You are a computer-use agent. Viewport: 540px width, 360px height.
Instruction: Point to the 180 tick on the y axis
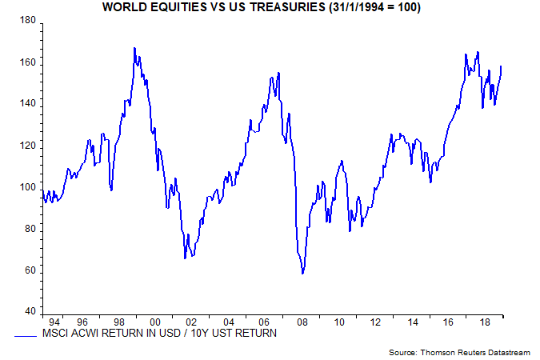[27, 21]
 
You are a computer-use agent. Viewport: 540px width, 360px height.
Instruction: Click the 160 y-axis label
[27, 62]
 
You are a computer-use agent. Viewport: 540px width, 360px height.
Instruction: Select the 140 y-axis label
[27, 104]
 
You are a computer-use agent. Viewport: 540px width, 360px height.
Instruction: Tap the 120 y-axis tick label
[27, 146]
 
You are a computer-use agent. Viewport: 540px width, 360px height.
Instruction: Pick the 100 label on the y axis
[27, 187]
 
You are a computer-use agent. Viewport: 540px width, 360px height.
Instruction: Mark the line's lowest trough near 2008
[302, 274]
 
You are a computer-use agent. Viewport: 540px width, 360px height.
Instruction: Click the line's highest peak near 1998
[134, 48]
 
